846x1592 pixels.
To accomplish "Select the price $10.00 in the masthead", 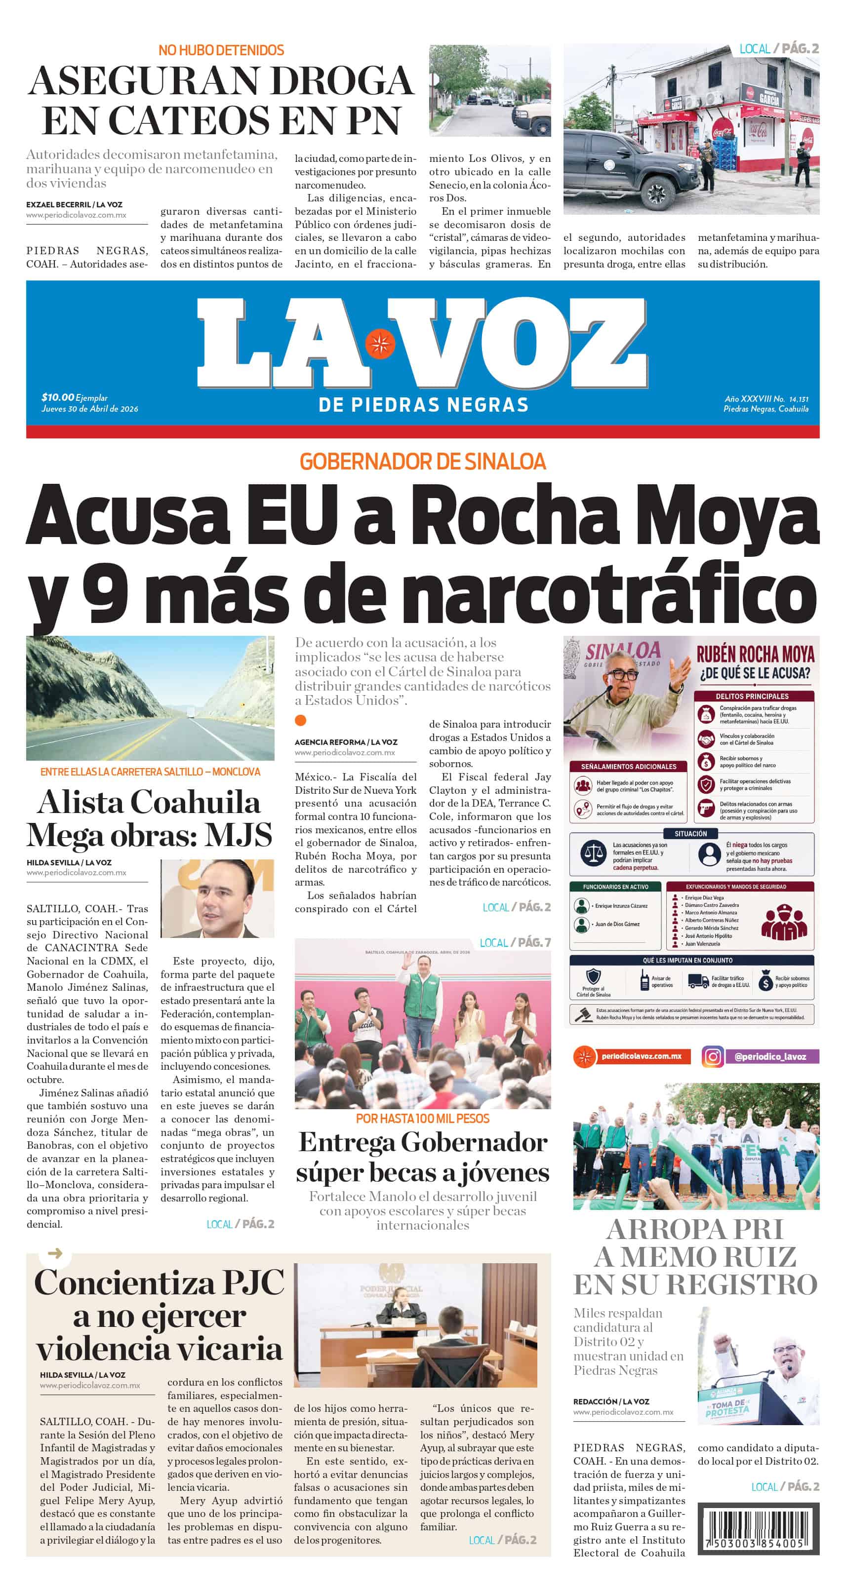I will [x=57, y=397].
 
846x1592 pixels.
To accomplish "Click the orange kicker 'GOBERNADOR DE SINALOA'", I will [x=422, y=462].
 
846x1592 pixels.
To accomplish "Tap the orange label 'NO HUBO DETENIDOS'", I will [x=221, y=50].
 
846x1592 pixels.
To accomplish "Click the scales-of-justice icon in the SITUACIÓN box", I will [x=594, y=854].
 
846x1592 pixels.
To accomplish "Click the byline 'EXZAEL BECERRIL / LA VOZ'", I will [x=74, y=204].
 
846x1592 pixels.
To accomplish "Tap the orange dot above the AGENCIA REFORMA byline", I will [x=301, y=720].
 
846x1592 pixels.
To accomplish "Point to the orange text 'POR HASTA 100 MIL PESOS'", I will [x=422, y=1119].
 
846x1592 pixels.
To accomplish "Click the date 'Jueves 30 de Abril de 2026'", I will [x=90, y=409].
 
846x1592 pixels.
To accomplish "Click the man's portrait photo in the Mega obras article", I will [x=217, y=898].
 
